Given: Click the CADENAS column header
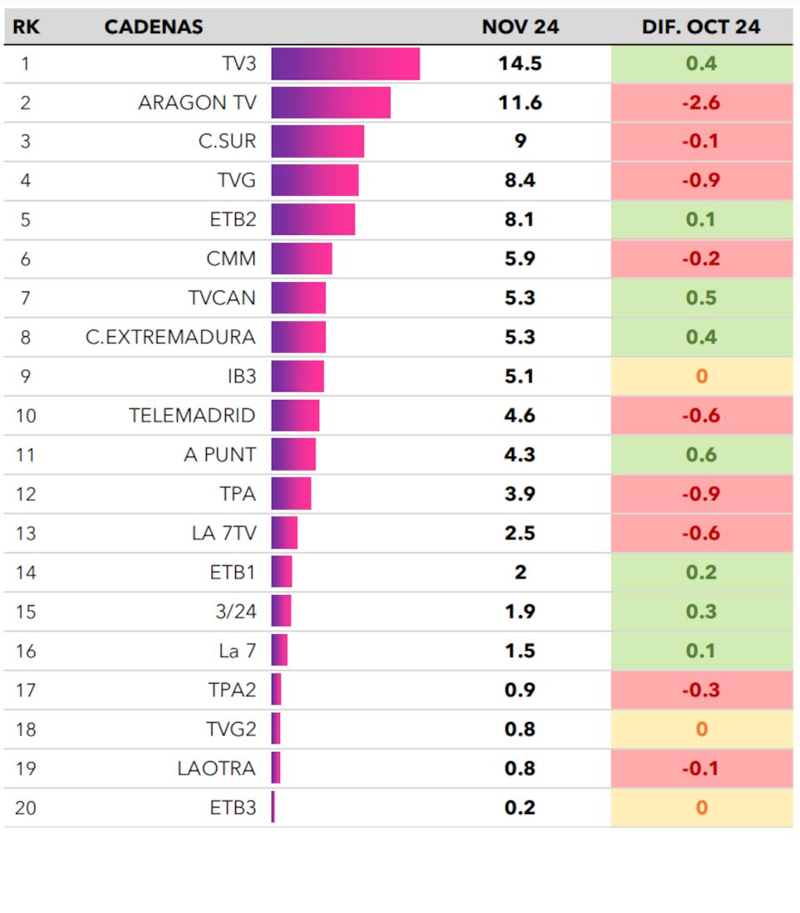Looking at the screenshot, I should (154, 27).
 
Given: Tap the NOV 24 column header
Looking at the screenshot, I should (520, 27).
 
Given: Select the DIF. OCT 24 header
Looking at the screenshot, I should (700, 27).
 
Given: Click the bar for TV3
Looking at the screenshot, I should (345, 64).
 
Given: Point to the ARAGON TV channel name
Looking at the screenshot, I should (197, 103).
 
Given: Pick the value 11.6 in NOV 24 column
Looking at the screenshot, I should (520, 103).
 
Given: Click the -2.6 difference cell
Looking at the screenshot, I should (700, 103).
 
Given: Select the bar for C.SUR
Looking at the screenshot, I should (317, 142).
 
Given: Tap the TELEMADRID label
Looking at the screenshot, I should (192, 415).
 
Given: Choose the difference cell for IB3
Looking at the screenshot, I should (700, 376).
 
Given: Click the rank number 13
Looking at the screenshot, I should (26, 533).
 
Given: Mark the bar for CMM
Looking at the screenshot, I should (302, 259).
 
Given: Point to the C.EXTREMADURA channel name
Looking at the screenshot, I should (170, 337).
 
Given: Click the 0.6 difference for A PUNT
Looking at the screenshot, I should (700, 455).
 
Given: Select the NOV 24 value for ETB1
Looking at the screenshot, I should (520, 572).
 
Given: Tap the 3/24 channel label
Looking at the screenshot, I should (236, 612).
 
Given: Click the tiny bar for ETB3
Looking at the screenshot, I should (273, 808).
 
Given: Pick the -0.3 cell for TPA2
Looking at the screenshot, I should (700, 690).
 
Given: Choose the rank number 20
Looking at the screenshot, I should (26, 808).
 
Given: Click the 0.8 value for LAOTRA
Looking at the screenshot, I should (520, 769).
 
